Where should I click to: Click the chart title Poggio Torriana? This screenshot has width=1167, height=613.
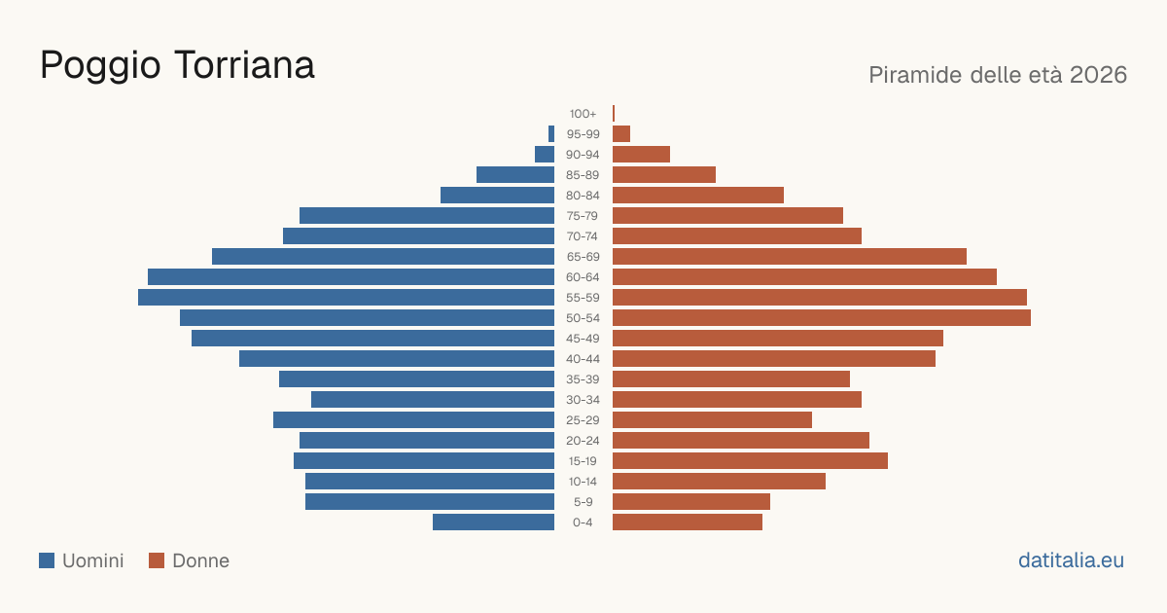177,66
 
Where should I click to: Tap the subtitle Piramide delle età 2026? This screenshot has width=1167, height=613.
998,75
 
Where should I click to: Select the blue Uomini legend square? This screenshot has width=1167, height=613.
47,560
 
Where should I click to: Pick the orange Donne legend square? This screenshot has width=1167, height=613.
157,560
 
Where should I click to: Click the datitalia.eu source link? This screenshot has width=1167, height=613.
1071,560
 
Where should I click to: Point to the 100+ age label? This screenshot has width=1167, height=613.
583,114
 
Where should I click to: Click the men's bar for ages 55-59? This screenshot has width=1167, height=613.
346,297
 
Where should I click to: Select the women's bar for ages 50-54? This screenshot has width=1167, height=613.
822,318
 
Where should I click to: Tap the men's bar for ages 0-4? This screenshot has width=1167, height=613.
493,523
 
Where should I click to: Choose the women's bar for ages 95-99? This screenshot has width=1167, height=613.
621,134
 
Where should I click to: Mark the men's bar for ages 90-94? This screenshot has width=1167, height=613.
545,155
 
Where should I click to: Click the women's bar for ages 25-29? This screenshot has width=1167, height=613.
712,420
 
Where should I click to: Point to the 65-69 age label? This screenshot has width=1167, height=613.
583,257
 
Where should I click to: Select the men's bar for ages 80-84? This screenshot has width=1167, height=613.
498,196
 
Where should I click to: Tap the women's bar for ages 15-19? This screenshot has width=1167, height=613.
750,461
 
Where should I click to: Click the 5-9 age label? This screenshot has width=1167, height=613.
583,502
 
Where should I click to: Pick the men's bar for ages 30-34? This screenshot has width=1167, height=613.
433,400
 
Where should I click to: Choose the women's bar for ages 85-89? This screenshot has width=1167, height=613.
664,174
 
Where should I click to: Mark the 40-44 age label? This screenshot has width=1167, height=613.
583,359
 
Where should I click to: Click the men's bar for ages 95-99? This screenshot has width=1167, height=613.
551,134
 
